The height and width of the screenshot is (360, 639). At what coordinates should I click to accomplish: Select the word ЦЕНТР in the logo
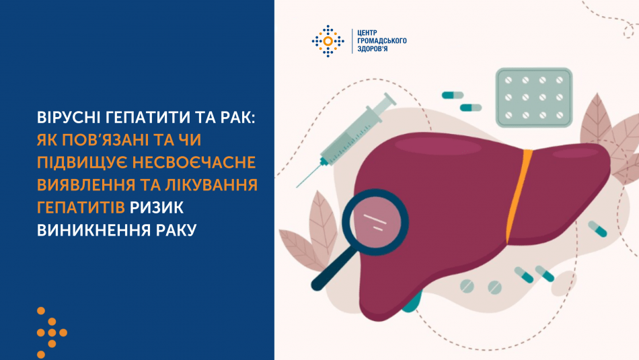371,32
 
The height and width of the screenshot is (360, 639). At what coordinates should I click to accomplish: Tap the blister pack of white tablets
534,98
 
